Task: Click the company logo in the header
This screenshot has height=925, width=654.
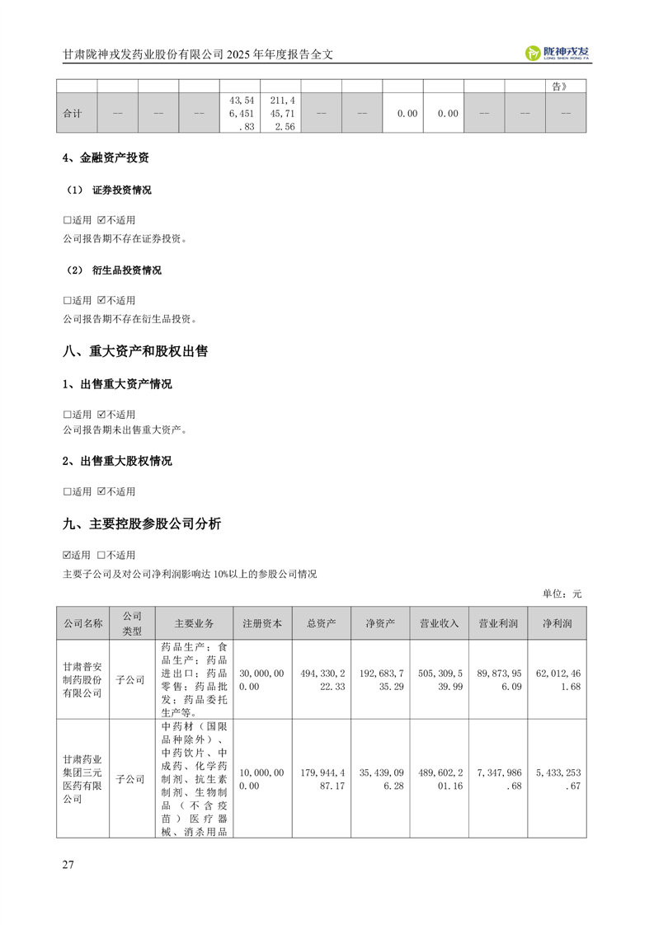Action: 558,53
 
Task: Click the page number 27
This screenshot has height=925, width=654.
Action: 68,865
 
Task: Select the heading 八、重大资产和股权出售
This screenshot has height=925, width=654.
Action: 135,351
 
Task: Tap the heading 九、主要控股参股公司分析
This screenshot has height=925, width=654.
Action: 141,524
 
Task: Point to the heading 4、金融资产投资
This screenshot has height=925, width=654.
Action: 106,158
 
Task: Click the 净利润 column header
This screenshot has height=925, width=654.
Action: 558,623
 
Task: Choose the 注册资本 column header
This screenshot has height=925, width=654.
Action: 262,623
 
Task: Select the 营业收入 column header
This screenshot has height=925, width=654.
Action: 440,623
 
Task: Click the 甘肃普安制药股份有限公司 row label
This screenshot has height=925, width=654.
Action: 82,679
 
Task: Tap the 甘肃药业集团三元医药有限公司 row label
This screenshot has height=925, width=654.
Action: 82,778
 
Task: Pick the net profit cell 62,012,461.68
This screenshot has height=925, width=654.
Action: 558,679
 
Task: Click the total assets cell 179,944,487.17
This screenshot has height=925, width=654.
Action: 322,778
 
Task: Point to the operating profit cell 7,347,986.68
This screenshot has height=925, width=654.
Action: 498,778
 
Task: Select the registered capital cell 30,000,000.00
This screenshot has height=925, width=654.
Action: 262,679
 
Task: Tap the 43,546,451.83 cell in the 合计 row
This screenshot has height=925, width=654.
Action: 240,113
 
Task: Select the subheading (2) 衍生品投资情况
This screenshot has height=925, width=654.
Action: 114,270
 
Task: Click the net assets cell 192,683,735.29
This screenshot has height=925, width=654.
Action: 380,679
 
